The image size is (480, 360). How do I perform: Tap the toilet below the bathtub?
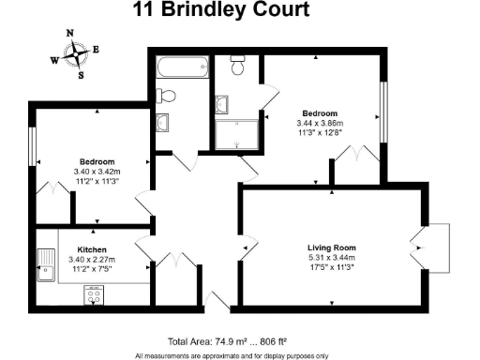[167, 95]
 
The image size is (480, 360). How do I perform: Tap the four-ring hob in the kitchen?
[95, 296]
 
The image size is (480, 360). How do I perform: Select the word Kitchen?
[92, 250]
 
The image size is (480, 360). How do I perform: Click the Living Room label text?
[332, 247]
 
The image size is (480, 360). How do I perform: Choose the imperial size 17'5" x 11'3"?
[332, 267]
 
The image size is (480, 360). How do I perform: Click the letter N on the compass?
[69, 32]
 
